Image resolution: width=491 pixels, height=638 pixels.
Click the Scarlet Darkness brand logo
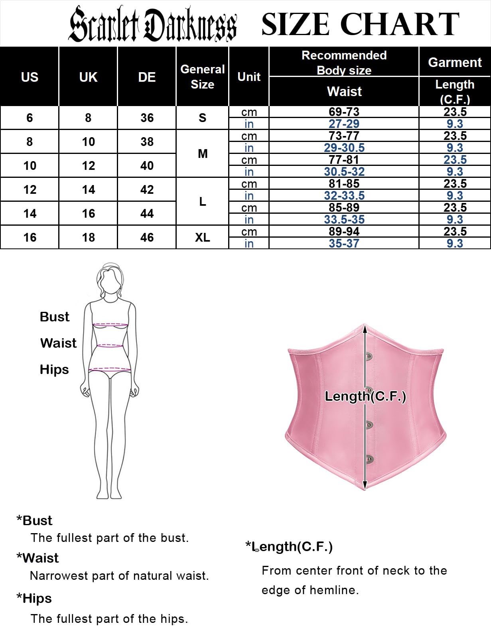click(152, 24)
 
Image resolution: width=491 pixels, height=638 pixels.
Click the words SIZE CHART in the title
click(360, 24)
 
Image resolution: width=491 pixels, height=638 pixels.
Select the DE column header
click(147, 77)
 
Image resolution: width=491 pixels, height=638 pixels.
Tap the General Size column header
click(202, 77)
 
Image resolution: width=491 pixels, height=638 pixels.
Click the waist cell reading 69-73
click(344, 112)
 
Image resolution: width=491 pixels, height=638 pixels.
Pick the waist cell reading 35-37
click(344, 243)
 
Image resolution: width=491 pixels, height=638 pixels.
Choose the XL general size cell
click(202, 237)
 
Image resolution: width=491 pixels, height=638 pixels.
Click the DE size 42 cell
click(147, 189)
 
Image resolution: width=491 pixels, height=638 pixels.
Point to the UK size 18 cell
click(88, 237)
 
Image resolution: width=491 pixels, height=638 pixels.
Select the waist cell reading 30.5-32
click(344, 171)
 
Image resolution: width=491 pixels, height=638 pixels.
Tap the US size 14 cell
click(30, 213)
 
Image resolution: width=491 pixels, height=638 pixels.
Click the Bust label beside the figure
click(55, 317)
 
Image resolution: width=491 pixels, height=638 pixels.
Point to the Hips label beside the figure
click(54, 370)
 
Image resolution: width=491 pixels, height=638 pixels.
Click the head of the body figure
click(110, 278)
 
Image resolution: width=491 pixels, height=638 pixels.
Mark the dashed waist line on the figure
click(110, 345)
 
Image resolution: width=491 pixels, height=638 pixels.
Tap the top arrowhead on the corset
click(365, 329)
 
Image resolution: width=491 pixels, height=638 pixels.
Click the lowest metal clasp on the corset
click(369, 459)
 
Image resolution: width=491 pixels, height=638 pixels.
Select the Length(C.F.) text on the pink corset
click(365, 396)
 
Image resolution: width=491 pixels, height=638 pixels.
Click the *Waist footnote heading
click(37, 558)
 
